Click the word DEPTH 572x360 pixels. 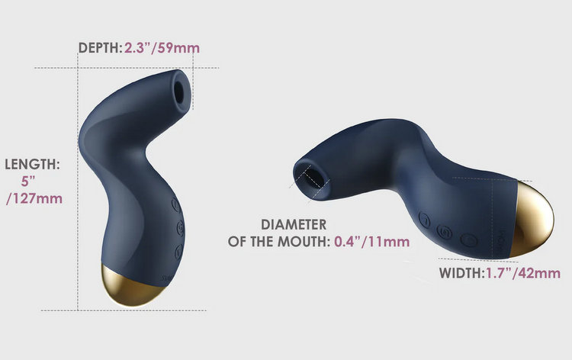click(98, 48)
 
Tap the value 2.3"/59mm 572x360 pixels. click(162, 48)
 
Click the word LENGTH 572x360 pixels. click(32, 165)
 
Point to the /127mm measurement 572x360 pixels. click(34, 199)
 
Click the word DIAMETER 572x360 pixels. click(294, 225)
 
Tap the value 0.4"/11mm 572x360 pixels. click(371, 242)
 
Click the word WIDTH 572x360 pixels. click(461, 273)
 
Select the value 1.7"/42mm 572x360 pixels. click(523, 273)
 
